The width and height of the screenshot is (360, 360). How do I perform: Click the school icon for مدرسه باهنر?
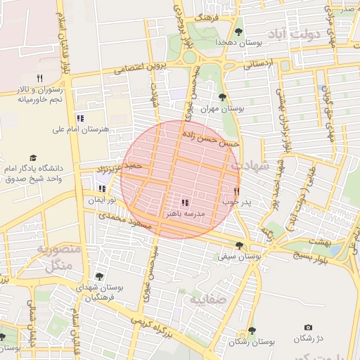tap(186, 203)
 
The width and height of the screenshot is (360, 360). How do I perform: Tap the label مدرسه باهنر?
tap(186, 212)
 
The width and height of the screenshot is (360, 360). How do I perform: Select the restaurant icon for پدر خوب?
tap(236, 191)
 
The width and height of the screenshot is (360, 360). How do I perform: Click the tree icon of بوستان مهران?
tap(223, 98)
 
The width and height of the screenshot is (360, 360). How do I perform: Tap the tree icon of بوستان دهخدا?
tap(238, 32)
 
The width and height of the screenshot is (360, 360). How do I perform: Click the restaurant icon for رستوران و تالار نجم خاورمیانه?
tap(39, 79)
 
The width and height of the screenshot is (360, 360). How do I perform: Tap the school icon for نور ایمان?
tap(102, 188)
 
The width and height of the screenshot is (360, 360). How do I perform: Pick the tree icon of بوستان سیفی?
tap(240, 245)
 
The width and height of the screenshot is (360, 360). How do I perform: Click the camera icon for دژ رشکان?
tap(308, 328)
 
